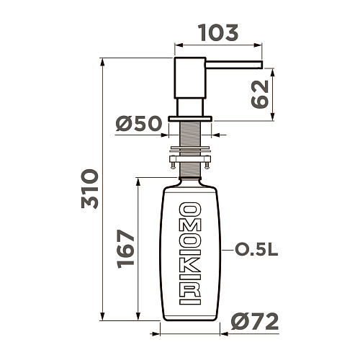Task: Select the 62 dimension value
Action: tap(260, 94)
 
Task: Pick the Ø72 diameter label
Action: tap(255, 322)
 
